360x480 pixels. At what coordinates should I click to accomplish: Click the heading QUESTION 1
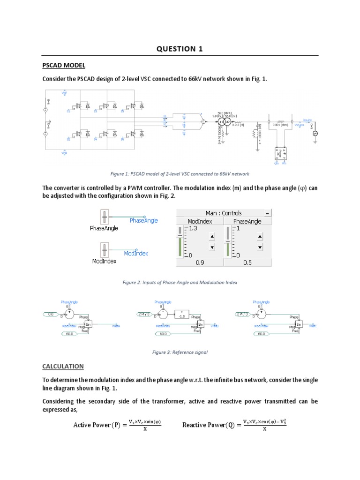(x=180, y=49)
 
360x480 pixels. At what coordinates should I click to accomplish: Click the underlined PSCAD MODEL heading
(x=64, y=65)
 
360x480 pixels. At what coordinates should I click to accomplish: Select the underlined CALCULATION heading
(x=63, y=366)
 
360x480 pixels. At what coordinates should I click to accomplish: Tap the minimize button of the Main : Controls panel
(x=267, y=213)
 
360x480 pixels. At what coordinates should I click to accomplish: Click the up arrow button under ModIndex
(x=212, y=236)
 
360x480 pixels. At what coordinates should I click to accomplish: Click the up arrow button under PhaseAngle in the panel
(x=260, y=236)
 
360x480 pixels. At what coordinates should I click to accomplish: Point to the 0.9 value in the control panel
(x=200, y=263)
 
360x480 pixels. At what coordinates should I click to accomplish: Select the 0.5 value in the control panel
(x=247, y=263)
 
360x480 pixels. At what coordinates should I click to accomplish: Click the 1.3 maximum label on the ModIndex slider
(x=193, y=228)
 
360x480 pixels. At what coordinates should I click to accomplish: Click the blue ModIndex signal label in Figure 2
(x=136, y=253)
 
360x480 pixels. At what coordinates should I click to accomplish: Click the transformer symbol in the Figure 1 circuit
(x=224, y=122)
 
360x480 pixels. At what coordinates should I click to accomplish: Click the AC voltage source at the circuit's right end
(x=315, y=133)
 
